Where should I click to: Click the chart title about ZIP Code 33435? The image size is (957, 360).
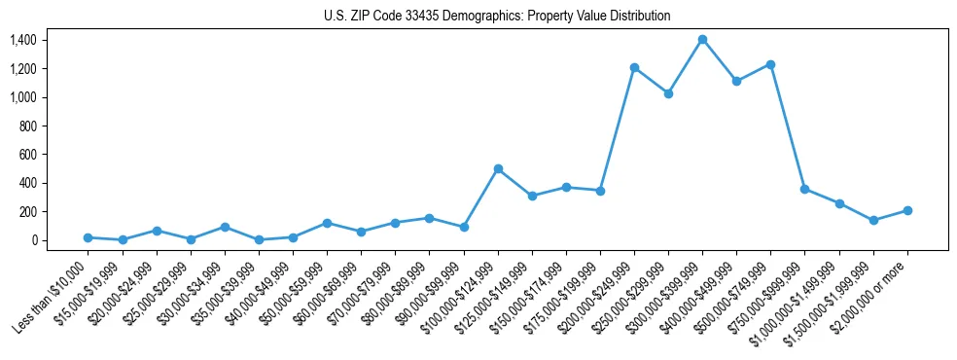(497, 17)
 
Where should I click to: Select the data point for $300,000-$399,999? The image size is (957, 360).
(702, 40)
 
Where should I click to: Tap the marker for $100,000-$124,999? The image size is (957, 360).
(498, 168)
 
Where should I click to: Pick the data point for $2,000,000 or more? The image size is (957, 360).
(907, 210)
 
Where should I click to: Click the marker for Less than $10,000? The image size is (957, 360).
(88, 237)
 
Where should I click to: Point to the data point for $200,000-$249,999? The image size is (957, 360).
(634, 67)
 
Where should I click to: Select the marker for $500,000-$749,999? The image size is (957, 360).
(770, 64)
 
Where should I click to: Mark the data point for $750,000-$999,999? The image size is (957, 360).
(804, 189)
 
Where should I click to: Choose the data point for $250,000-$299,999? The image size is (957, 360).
(668, 93)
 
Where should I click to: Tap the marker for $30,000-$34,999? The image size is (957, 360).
(225, 227)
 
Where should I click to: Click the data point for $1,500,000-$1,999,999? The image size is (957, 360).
(873, 220)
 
